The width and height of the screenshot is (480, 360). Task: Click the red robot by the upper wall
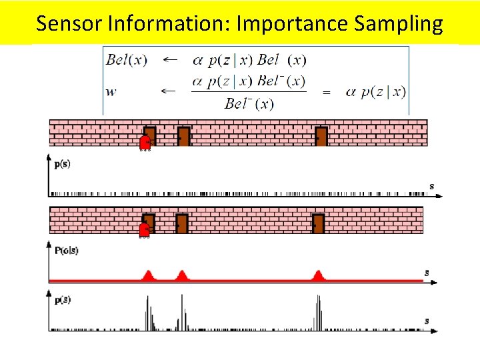[x=145, y=143]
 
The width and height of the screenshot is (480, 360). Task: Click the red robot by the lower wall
[x=144, y=230]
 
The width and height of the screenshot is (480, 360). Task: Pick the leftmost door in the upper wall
[x=150, y=136]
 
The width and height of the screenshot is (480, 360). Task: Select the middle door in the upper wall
[x=183, y=136]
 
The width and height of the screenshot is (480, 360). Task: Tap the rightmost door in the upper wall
[x=321, y=136]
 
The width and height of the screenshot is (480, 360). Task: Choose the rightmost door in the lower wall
[x=318, y=223]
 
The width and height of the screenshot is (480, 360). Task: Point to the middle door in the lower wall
[x=181, y=223]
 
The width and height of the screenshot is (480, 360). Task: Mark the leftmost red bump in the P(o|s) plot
[x=148, y=275]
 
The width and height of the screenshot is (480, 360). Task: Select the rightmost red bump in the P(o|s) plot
[x=319, y=275]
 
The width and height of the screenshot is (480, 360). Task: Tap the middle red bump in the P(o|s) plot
[x=181, y=275]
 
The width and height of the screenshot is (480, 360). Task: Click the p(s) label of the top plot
[x=63, y=164]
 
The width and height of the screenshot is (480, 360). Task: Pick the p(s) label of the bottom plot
[x=63, y=300]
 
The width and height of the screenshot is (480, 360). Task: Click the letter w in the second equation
[x=111, y=91]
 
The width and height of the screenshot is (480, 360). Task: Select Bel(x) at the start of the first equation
[x=127, y=60]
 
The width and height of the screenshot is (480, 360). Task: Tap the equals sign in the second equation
[x=326, y=93]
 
